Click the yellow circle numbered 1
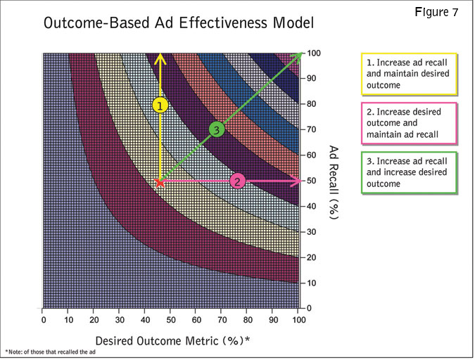(160, 105)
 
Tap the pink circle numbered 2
(238, 181)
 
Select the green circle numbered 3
(216, 129)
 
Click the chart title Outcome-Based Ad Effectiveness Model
(178, 22)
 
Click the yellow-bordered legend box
(408, 73)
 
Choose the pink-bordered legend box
(408, 122)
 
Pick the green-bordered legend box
(408, 172)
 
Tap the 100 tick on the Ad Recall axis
(315, 53)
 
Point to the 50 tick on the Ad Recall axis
(312, 181)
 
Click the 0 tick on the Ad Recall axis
(310, 308)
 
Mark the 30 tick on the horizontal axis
(120, 321)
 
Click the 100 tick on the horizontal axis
(298, 321)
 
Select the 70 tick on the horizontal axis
(222, 321)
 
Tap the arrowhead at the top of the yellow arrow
(160, 56)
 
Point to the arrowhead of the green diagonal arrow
(298, 55)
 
